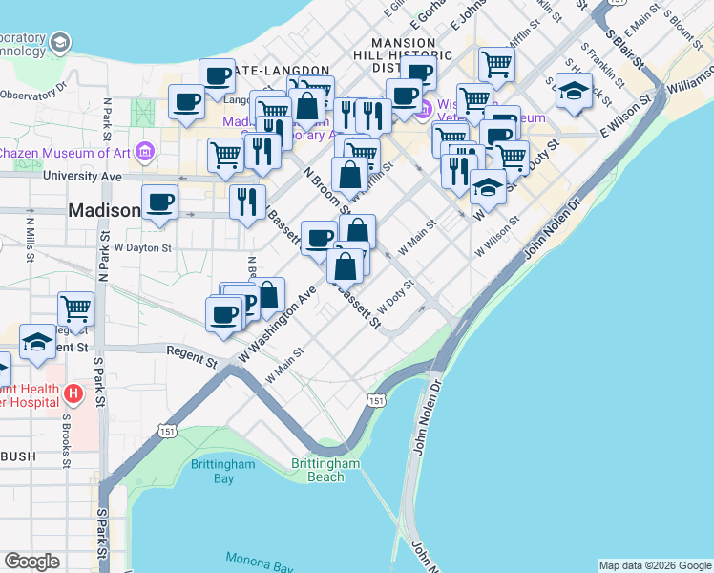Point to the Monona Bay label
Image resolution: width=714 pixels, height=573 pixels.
[x=259, y=562]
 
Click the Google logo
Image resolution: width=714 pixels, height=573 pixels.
[x=31, y=562]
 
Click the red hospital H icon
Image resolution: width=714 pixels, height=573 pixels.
[x=73, y=393]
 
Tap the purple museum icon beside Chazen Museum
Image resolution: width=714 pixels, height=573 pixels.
[x=145, y=152]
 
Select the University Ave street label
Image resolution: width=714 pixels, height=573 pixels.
[x=84, y=177]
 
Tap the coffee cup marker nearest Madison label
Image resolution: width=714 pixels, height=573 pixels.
[x=159, y=202]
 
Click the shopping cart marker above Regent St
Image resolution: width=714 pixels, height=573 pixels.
[x=75, y=308]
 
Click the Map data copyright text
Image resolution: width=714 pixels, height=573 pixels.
[x=655, y=565]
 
